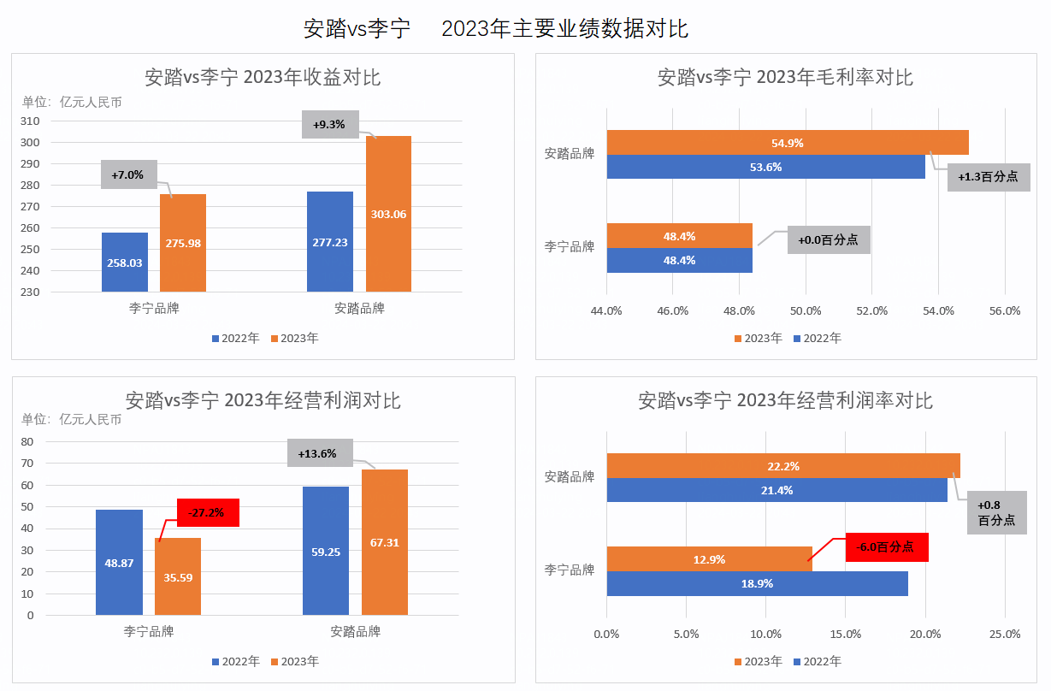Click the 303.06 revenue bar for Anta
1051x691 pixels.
point(388,214)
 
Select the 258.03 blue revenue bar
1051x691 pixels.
point(124,262)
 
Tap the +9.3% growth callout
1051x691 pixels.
point(329,125)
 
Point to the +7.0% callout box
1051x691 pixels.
point(127,174)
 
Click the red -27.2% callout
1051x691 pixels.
point(207,513)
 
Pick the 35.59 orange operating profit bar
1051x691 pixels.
point(177,576)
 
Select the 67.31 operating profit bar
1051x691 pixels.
point(384,542)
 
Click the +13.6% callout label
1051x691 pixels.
point(317,453)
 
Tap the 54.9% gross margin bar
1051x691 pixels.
point(787,143)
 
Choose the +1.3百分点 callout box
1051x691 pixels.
point(988,177)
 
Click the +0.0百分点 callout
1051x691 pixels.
point(828,240)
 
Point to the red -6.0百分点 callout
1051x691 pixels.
point(886,547)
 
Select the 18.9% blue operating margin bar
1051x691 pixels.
point(757,583)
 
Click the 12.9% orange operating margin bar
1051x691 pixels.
point(709,559)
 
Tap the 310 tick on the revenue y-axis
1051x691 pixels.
point(30,121)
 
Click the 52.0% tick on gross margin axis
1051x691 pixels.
point(872,310)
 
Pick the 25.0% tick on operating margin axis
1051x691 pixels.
point(1005,634)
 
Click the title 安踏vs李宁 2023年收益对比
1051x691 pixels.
point(263,77)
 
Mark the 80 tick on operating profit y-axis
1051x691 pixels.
point(27,442)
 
